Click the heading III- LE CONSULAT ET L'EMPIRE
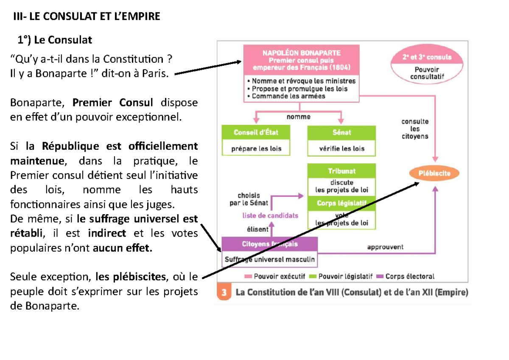click(87, 17)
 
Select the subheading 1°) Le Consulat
click(55, 40)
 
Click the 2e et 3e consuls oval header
click(427, 57)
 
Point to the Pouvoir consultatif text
click(427, 73)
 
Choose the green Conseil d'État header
click(256, 132)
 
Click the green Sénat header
click(341, 132)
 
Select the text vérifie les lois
click(342, 148)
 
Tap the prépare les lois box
click(256, 148)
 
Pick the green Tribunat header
click(341, 171)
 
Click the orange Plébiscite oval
click(434, 173)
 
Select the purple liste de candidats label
click(270, 215)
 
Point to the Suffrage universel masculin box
click(270, 259)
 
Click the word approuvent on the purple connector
click(386, 247)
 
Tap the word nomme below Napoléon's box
click(298, 117)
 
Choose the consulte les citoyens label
click(415, 129)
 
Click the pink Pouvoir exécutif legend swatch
click(248, 276)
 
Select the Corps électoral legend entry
click(406, 276)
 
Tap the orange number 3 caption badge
click(224, 292)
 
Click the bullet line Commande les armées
click(287, 96)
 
